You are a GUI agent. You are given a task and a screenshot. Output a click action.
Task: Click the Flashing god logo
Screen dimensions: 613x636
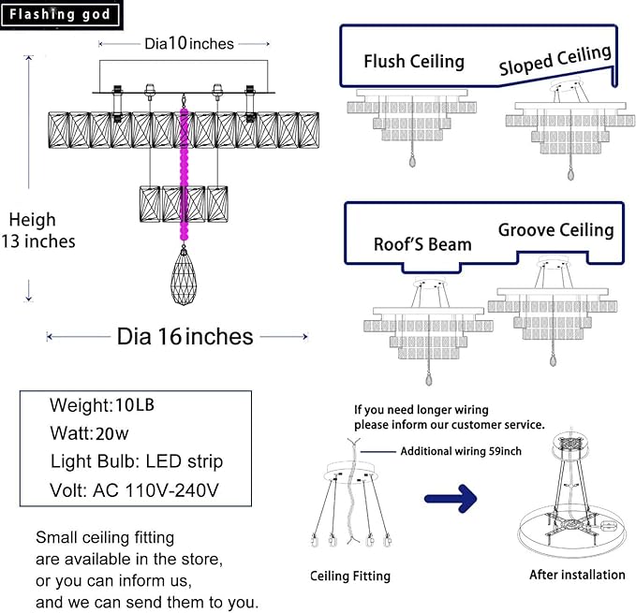pyautogui.click(x=60, y=14)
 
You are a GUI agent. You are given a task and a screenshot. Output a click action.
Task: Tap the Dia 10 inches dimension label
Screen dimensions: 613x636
pyautogui.click(x=188, y=44)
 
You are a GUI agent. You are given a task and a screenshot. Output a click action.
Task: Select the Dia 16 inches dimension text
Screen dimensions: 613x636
pyautogui.click(x=185, y=336)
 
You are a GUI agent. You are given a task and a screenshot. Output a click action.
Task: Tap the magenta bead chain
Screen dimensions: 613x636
pyautogui.click(x=185, y=178)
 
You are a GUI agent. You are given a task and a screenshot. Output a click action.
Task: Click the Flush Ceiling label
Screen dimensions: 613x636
pyautogui.click(x=414, y=62)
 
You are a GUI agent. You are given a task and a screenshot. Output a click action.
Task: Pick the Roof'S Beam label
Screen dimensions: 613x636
pyautogui.click(x=422, y=244)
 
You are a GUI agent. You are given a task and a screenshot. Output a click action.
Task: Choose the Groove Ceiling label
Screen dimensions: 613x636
pyautogui.click(x=555, y=230)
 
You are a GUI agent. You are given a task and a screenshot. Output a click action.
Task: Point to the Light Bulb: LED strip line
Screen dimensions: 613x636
pyautogui.click(x=137, y=461)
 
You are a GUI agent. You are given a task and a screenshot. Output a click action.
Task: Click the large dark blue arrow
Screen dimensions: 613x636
pyautogui.click(x=456, y=498)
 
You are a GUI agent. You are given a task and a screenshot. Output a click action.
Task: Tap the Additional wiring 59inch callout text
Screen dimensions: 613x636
pyautogui.click(x=461, y=451)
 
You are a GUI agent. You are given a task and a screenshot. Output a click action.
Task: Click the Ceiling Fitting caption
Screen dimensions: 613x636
pyautogui.click(x=350, y=577)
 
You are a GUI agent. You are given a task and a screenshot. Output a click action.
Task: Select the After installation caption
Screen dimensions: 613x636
pyautogui.click(x=577, y=575)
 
